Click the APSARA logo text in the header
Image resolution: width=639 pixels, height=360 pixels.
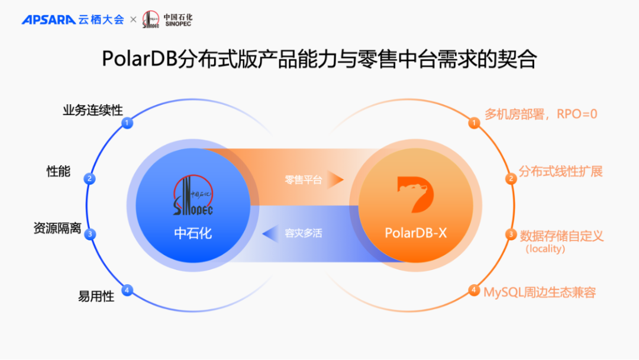[x=49, y=20]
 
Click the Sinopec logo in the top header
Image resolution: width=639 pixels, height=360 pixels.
[x=151, y=20]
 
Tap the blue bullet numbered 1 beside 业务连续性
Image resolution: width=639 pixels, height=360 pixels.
[x=126, y=123]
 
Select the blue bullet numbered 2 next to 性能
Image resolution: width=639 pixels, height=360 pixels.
[x=90, y=178]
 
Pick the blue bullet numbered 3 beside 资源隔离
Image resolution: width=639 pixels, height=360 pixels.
[x=90, y=234]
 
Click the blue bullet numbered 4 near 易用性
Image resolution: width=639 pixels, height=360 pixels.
[x=126, y=290]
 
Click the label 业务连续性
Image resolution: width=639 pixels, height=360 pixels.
[x=93, y=110]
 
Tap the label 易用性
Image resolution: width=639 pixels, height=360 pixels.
[x=96, y=297]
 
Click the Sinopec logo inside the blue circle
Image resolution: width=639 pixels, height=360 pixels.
[x=193, y=195]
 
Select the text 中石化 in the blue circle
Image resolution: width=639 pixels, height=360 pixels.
[x=193, y=233]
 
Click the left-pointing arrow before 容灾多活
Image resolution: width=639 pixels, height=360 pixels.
[x=270, y=233]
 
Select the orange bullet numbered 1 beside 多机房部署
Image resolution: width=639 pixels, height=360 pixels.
[x=474, y=123]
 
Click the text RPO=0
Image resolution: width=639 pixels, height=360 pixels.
[x=577, y=114]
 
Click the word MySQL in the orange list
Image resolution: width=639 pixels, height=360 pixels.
[x=502, y=292]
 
